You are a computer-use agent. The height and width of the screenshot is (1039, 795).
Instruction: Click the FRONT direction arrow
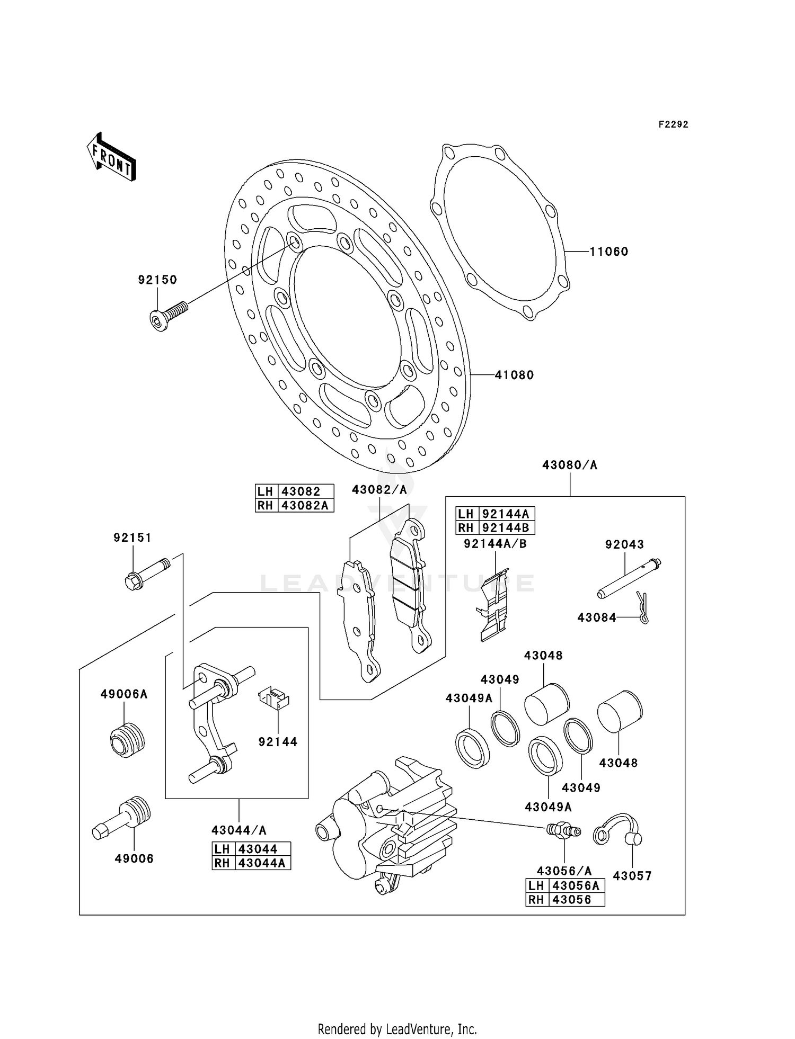(111, 158)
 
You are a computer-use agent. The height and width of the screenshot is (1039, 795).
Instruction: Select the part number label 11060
(609, 252)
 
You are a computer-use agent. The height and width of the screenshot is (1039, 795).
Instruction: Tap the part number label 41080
(514, 375)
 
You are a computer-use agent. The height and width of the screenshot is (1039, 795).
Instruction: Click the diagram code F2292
(673, 124)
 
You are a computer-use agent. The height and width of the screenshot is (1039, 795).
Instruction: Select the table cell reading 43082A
(305, 506)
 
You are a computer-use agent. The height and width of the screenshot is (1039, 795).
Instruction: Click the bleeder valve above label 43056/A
(564, 830)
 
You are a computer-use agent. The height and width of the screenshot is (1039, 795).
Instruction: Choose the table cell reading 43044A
(262, 863)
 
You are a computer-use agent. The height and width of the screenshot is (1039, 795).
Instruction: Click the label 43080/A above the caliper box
(569, 465)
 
